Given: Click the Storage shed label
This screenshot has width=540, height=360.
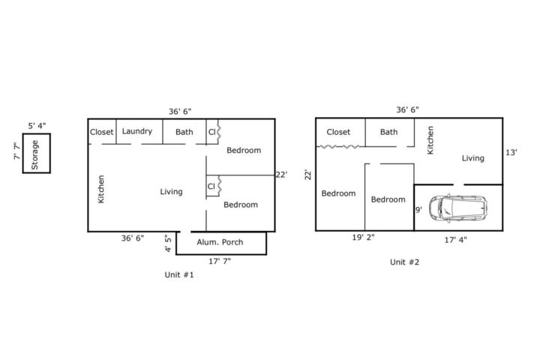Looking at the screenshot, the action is point(34,154).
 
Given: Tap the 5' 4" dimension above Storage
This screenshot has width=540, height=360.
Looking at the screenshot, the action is point(37,126).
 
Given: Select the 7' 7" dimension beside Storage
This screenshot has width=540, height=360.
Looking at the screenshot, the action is point(17,151).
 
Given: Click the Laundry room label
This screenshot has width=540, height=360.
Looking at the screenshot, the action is point(137,131).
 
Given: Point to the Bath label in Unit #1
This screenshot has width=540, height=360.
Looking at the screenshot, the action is point(184,132).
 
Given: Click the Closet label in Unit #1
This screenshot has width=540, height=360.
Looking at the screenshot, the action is point(101,132).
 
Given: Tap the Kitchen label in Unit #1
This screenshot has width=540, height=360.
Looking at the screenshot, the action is point(101,189).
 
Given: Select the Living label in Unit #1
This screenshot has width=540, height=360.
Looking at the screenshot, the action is point(171,192).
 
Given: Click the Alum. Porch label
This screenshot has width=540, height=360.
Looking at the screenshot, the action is point(220,242).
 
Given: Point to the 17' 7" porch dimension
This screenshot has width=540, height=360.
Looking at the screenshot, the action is point(220,262).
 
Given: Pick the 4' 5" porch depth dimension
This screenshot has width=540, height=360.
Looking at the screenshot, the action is point(168,243).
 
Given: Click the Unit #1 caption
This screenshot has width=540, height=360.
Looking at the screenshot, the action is point(179,275).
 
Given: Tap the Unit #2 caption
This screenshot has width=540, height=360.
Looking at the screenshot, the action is point(405,262).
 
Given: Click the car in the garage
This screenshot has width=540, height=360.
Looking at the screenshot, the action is point(458,208).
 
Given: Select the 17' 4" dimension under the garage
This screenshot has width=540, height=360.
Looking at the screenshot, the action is point(455,240).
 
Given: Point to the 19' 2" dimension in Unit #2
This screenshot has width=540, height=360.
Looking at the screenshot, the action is point(363,237).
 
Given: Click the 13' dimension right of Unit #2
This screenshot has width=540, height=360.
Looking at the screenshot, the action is point(511,152).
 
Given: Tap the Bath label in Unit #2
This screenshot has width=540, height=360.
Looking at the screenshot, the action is point(388,132).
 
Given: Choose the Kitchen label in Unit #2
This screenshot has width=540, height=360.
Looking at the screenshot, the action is point(430,140).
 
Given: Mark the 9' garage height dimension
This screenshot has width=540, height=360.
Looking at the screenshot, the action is point(418,210).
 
